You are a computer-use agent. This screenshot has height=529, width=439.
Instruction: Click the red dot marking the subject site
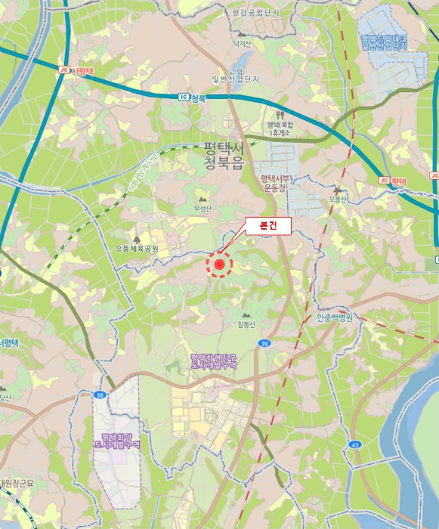click(x=220, y=264)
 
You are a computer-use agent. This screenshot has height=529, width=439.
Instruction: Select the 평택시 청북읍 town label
click(x=223, y=156)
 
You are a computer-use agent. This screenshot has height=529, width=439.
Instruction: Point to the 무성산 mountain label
click(x=202, y=208)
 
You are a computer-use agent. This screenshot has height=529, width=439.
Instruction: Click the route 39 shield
click(x=263, y=344)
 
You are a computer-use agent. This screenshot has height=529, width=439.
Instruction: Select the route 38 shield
click(x=100, y=394)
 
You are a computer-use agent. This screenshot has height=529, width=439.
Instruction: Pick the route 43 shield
click(x=354, y=444)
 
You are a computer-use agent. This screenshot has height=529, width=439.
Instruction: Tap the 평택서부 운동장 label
click(x=275, y=184)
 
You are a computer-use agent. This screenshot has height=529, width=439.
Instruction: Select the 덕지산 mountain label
click(x=242, y=43)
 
